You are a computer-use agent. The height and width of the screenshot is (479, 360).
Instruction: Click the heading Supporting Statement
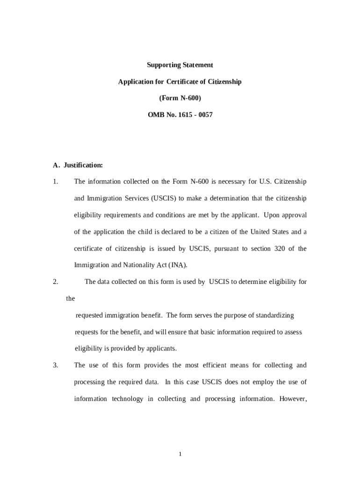(x=180, y=65)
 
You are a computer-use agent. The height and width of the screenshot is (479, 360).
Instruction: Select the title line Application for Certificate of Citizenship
(x=180, y=81)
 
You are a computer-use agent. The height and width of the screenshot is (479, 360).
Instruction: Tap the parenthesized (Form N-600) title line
(x=180, y=98)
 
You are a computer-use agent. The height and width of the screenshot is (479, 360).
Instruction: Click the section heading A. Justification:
(x=78, y=165)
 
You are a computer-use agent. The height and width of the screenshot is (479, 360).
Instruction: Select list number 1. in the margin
(x=56, y=181)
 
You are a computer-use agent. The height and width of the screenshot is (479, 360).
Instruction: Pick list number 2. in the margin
(x=56, y=282)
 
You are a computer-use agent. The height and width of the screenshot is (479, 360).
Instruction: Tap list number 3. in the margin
(x=56, y=365)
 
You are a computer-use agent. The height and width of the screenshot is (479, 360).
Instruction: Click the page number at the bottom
(x=180, y=453)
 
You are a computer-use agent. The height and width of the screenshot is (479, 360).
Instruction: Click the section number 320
(x=280, y=248)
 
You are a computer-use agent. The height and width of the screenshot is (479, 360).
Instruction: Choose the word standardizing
(x=274, y=315)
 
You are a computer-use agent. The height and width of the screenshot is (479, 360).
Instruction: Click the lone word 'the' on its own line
(x=71, y=298)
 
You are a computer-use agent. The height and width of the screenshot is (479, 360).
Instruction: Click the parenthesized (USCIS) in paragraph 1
(x=163, y=198)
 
